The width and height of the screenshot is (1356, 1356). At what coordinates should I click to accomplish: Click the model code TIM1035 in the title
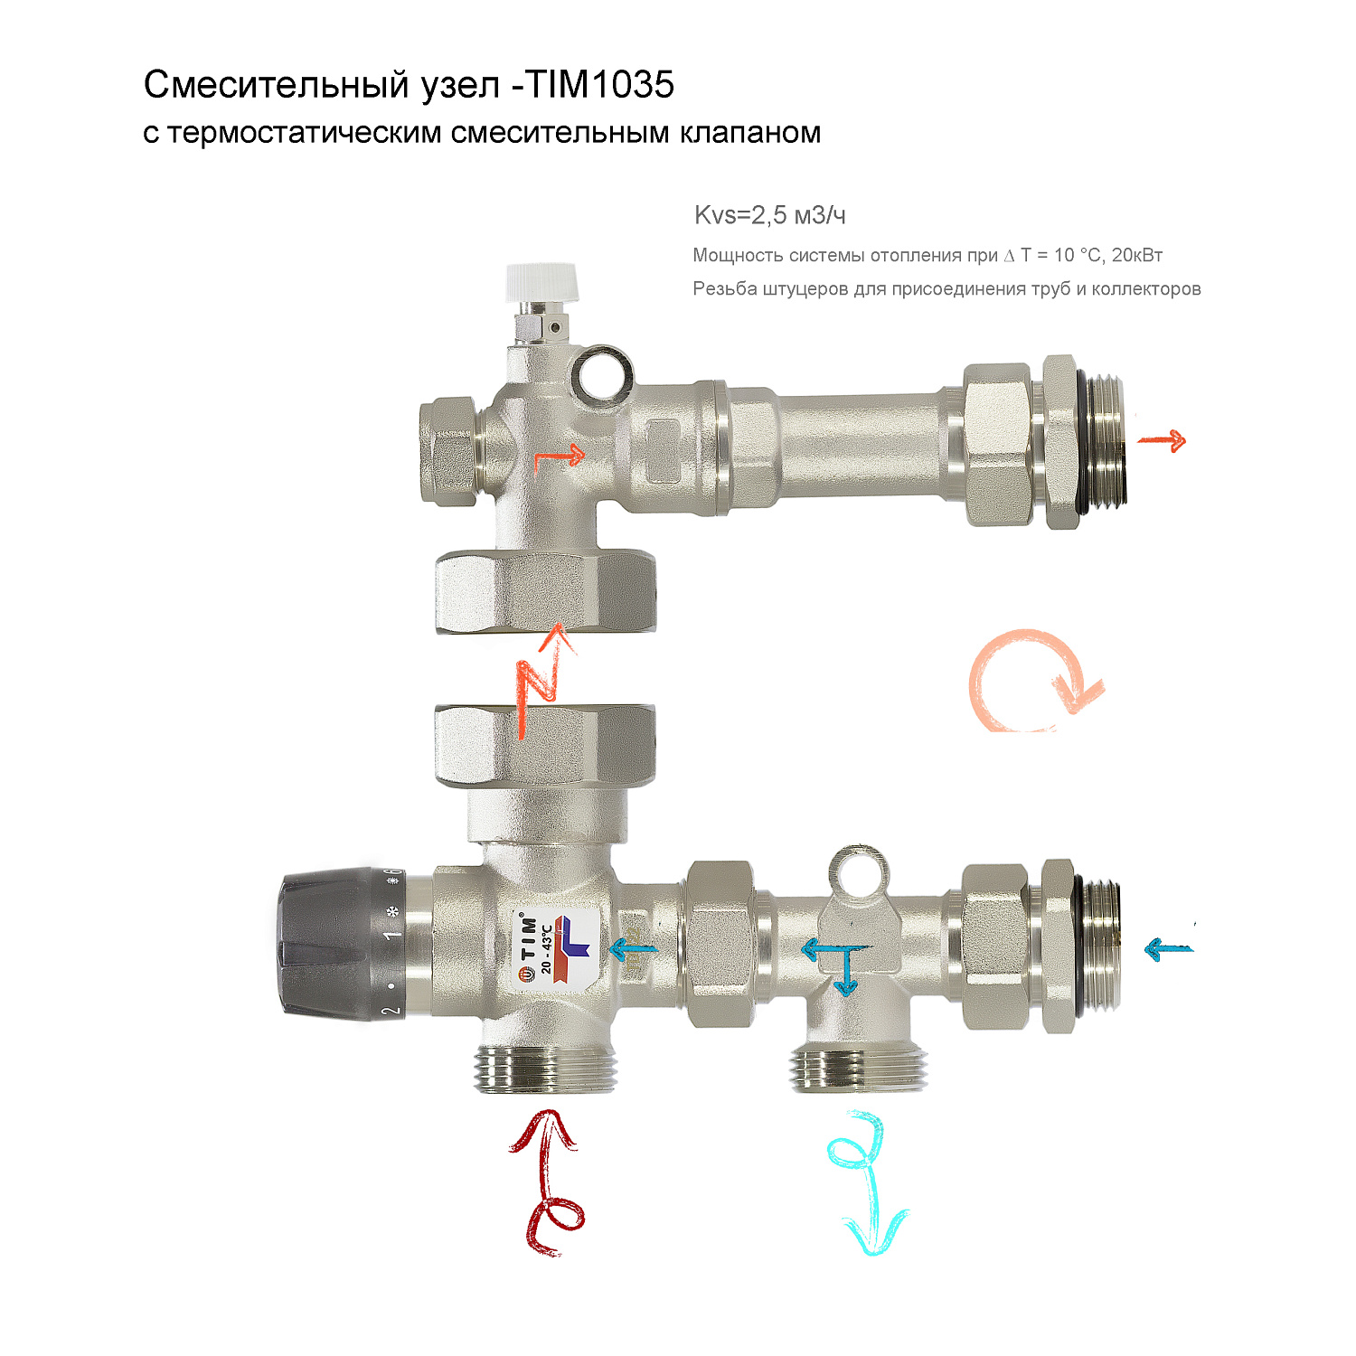(600, 85)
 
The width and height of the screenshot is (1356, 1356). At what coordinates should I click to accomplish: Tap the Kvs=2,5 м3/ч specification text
(769, 215)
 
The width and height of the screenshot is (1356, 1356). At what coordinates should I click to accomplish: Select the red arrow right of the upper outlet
(1162, 441)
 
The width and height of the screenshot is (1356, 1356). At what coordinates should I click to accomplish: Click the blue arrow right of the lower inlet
(1167, 949)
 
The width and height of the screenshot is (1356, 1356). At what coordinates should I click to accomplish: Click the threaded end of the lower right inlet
(1101, 945)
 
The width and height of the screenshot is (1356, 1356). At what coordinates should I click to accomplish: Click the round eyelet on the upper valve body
(601, 374)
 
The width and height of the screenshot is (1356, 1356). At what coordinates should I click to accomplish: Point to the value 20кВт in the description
(1136, 255)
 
